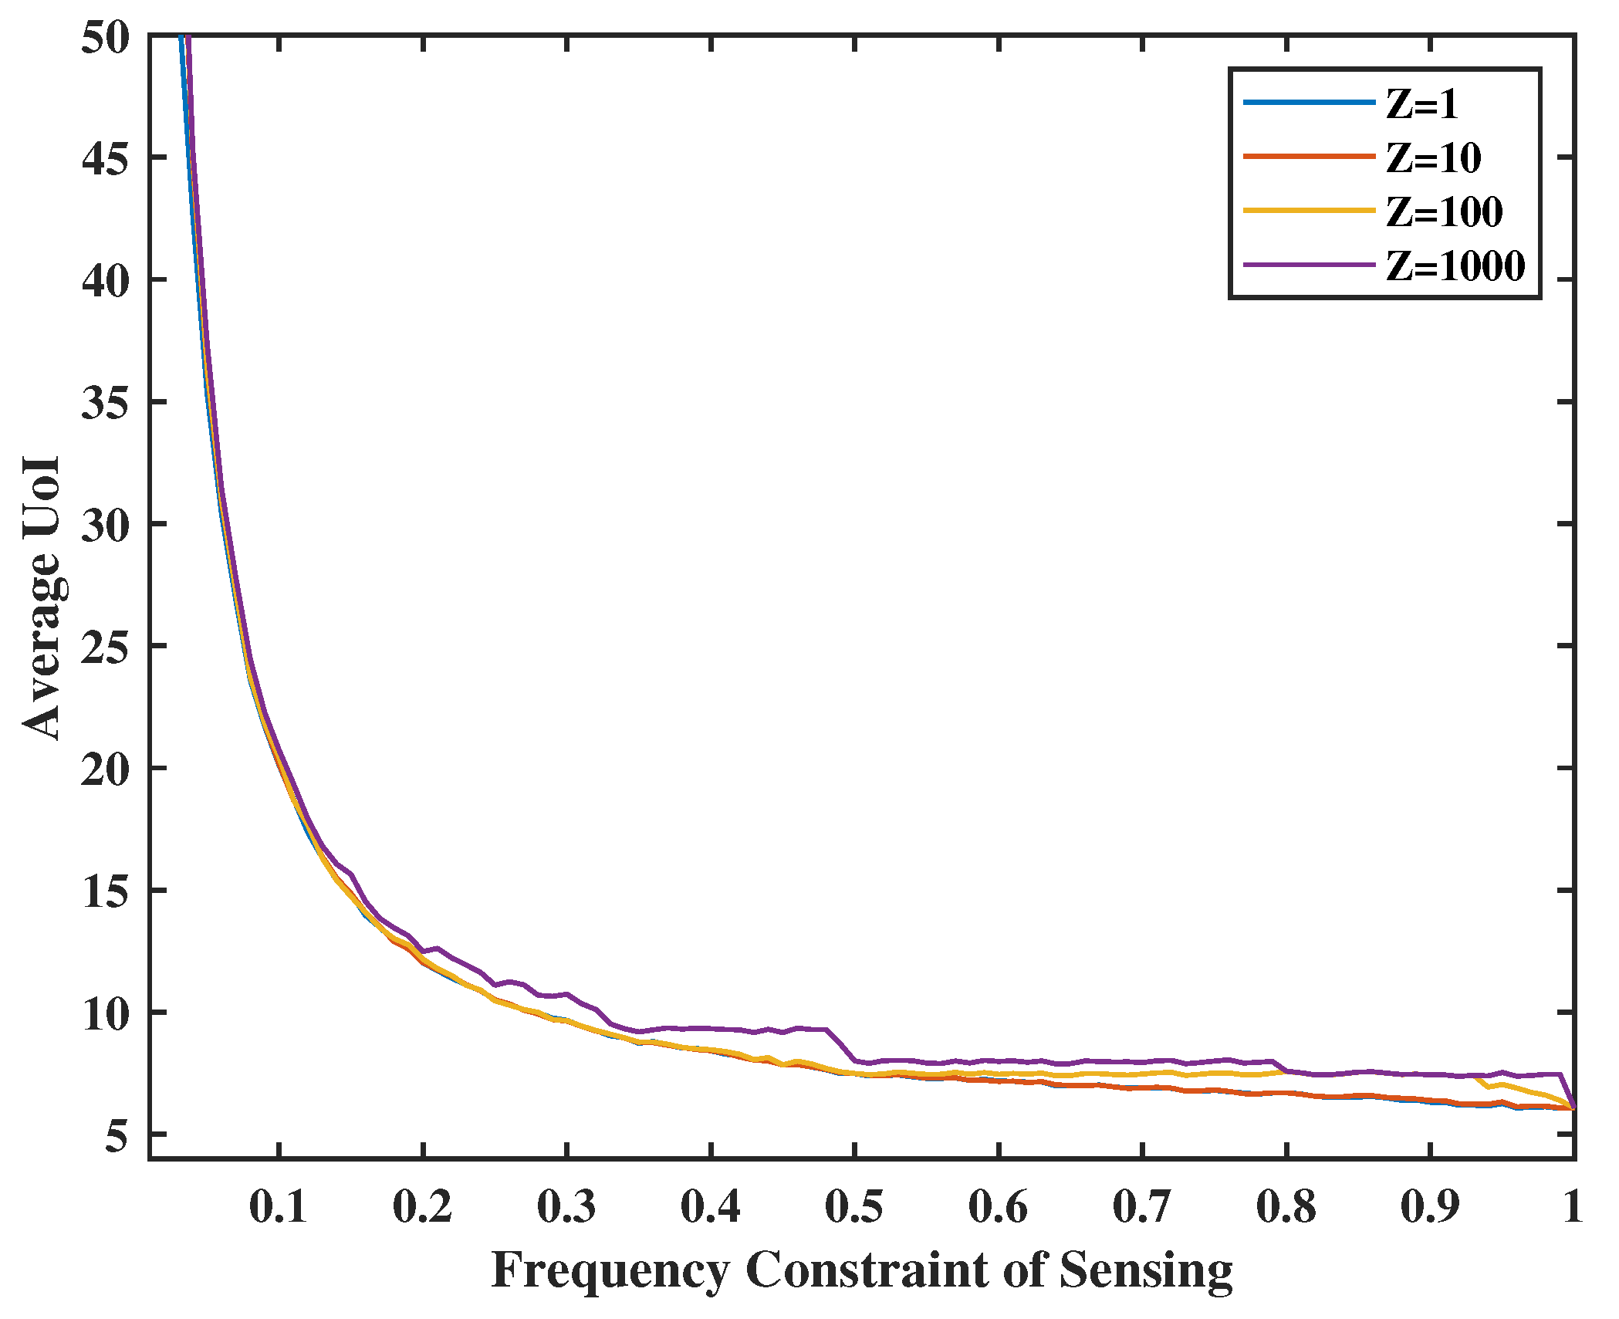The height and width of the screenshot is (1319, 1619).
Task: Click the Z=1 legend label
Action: coord(1421,104)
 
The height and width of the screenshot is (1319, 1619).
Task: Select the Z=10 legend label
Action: coord(1433,158)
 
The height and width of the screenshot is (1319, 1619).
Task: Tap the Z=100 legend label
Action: coord(1444,212)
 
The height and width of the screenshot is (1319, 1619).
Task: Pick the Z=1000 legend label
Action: coord(1455,266)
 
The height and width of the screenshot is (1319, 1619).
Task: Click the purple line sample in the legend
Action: coord(1309,265)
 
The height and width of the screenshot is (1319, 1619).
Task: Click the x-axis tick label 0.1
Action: coord(279,1206)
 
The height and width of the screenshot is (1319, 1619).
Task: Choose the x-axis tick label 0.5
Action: coord(854,1206)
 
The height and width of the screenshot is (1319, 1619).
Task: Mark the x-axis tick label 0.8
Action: coord(1286,1206)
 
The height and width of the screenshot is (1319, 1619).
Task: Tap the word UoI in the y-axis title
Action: coord(42,497)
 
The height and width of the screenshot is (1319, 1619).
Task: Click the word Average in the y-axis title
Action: coord(42,648)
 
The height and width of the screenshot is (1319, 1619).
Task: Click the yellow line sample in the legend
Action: coord(1309,211)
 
